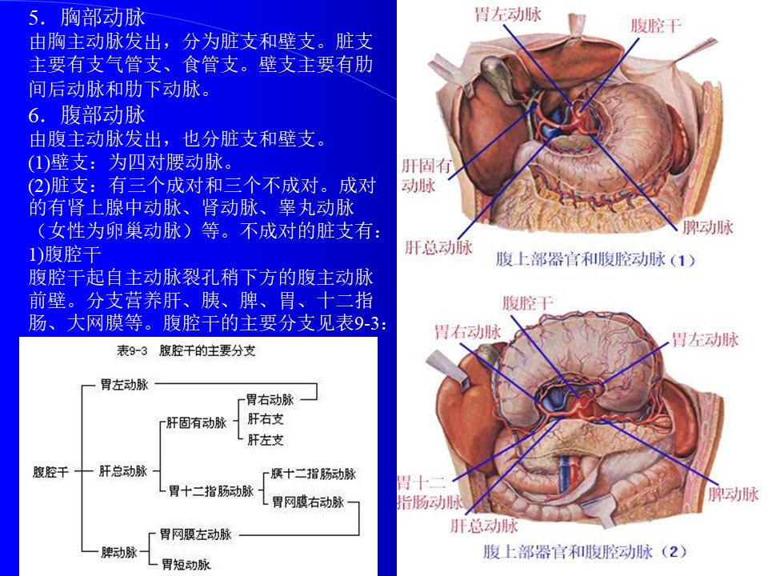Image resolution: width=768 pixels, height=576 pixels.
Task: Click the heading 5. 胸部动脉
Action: click(x=86, y=18)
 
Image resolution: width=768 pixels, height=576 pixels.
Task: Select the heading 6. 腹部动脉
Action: click(x=86, y=115)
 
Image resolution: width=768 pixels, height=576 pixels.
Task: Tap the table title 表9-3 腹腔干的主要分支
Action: click(x=186, y=350)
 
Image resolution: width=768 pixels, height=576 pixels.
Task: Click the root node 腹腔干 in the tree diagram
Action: click(x=50, y=472)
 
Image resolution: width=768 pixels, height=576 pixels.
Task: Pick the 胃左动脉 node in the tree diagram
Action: click(x=124, y=385)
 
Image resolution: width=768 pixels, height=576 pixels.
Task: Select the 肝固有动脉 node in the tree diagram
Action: click(x=196, y=422)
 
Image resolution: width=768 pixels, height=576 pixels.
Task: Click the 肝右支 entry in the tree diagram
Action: click(x=266, y=418)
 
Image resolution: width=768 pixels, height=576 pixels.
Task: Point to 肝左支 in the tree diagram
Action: click(x=266, y=440)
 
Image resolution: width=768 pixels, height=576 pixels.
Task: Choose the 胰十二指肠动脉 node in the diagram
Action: click(x=313, y=474)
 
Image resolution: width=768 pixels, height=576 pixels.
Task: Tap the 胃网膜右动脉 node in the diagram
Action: click(x=308, y=502)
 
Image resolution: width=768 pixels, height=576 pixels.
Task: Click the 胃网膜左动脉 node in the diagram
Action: click(x=195, y=534)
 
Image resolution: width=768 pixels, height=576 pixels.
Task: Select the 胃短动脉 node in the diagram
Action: click(x=186, y=564)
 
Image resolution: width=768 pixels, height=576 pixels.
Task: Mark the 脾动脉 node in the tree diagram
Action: click(x=119, y=552)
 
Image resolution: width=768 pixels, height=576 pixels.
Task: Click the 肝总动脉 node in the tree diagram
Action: click(x=123, y=471)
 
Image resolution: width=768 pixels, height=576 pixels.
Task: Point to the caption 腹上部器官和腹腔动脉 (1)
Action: click(x=595, y=259)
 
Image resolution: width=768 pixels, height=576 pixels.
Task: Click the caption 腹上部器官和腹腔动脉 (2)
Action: click(x=585, y=551)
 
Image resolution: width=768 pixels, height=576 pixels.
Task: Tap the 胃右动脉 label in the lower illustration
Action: click(x=468, y=332)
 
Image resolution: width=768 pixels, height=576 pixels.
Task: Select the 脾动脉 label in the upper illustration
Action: click(x=708, y=226)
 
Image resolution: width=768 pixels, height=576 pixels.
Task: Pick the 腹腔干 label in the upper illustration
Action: click(x=656, y=25)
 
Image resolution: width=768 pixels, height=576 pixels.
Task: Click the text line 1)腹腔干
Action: click(x=65, y=254)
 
